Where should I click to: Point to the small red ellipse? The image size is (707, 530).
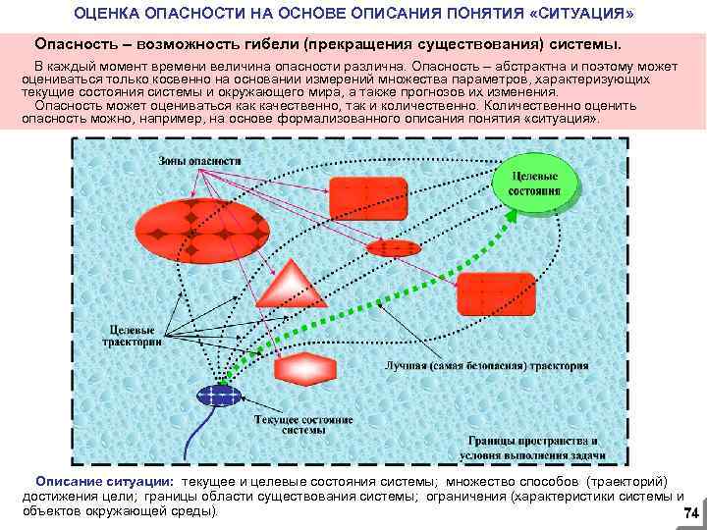[x=392, y=246]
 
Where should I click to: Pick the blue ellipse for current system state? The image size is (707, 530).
[x=219, y=396]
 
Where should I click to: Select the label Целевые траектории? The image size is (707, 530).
[x=133, y=337]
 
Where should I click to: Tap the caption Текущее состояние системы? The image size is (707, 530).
[x=303, y=424]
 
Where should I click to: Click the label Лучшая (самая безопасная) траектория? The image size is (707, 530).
[x=486, y=366]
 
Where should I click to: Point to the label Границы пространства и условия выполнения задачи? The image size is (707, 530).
[x=532, y=447]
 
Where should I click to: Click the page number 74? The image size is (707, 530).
[x=689, y=513]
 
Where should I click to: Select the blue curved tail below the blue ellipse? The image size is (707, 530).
[x=203, y=432]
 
